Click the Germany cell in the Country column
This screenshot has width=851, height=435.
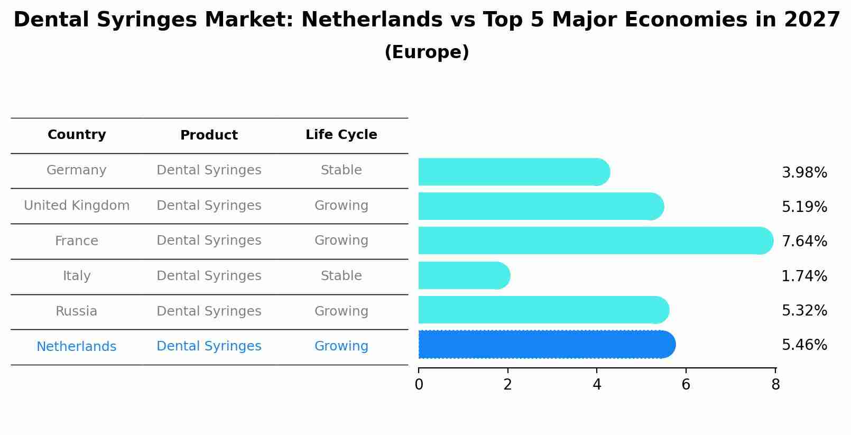pos(77,170)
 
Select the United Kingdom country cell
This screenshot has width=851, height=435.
pos(77,206)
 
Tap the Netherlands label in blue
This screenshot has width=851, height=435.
pos(77,347)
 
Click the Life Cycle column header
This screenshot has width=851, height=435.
pos(341,135)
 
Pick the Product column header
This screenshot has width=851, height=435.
pos(209,135)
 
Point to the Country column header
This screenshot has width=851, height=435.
pos(77,135)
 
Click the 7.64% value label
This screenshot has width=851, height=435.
pos(804,242)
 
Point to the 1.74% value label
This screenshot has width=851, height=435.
pos(804,276)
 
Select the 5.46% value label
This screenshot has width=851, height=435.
pos(804,345)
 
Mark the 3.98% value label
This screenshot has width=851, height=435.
pos(804,173)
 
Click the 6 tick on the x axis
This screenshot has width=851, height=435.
pos(686,385)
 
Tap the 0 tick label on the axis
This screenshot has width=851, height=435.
pos(419,385)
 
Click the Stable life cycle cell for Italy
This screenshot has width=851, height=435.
pos(341,276)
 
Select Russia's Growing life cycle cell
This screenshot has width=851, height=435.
pos(341,311)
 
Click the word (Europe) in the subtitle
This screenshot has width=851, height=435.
pos(427,52)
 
